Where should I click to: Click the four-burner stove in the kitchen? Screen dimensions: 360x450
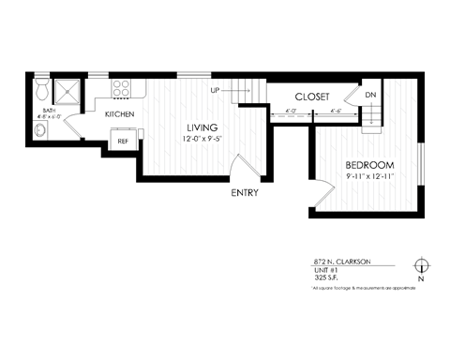coord(122,90)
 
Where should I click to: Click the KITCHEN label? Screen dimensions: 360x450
coord(120,114)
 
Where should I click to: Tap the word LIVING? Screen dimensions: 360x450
coord(202,127)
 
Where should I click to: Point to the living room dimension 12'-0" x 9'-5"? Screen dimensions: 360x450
coord(202,140)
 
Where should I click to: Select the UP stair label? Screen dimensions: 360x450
coord(215,91)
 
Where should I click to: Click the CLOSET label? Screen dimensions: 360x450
coord(310,97)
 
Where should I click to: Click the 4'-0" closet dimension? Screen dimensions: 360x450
coord(290,112)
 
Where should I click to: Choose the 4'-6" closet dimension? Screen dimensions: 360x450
coord(337,112)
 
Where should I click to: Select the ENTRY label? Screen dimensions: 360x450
coord(245,193)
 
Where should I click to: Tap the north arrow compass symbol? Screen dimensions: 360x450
coord(421,264)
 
